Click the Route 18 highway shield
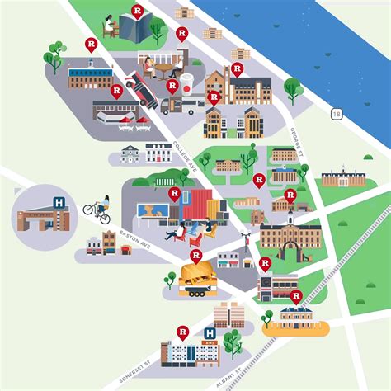point(336,113)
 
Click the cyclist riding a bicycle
point(97,210)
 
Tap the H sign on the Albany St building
point(209,335)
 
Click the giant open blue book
point(133,26)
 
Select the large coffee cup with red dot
point(186,84)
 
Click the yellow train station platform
point(294,327)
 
